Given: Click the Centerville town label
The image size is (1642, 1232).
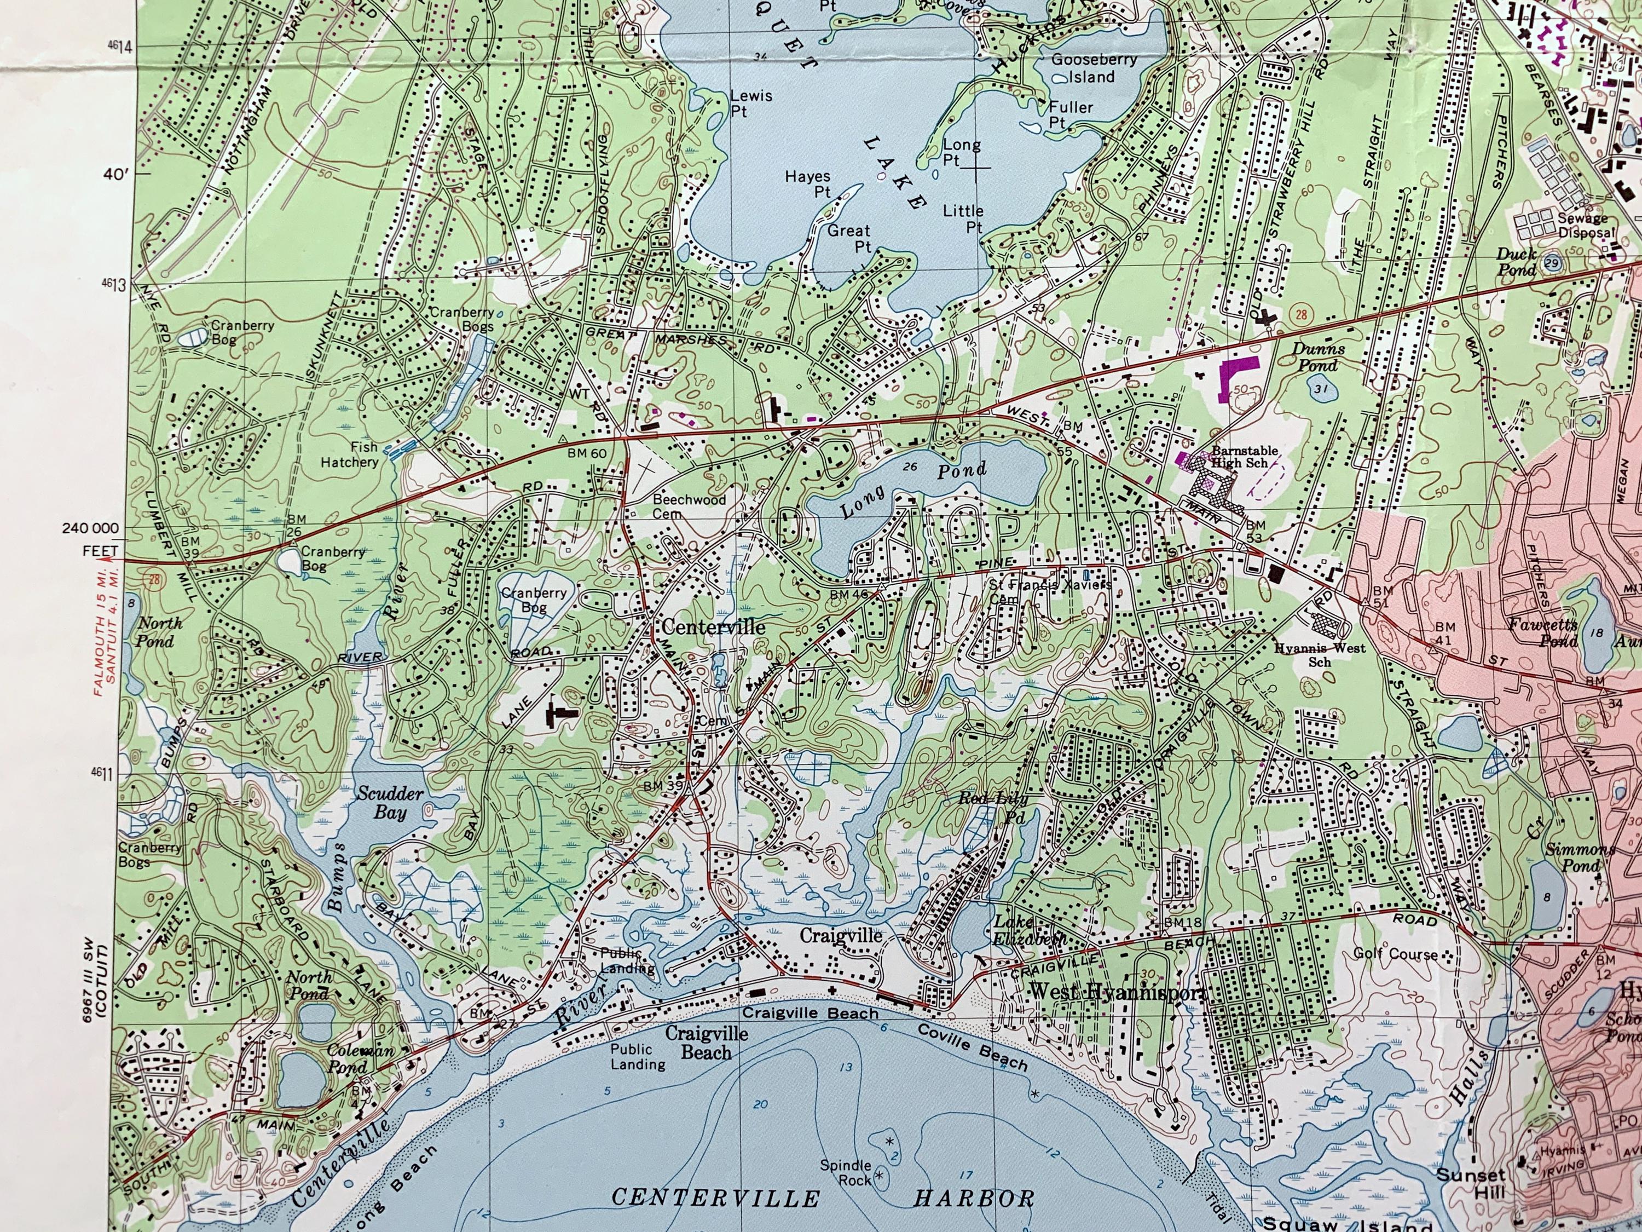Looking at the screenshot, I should pos(713,627).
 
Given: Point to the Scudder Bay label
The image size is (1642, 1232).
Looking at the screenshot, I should pos(390,803).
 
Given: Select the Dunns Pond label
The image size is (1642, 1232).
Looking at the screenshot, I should pos(1319,356).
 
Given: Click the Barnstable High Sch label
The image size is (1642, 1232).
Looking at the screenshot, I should pos(1244,457).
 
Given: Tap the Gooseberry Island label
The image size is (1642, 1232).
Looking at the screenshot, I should pos(1094,68).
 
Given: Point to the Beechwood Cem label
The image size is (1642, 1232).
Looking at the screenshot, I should pos(689,506).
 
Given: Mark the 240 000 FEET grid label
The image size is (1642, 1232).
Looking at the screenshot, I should pos(90,538).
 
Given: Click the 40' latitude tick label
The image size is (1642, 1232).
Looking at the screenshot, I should pos(117,175).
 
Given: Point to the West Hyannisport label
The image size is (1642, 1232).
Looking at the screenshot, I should pos(1115,992).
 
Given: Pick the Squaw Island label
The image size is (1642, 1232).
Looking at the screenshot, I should pos(1345,1223).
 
